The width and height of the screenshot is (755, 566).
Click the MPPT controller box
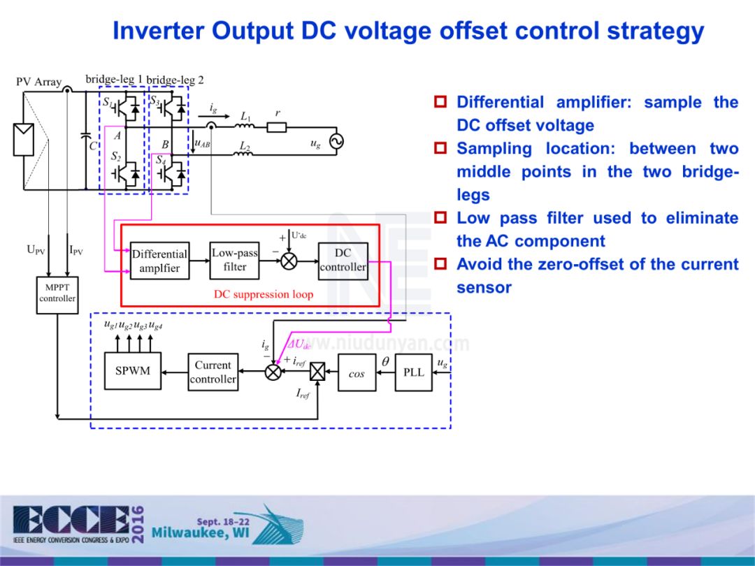pos(57,294)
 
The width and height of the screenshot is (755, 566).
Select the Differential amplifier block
pos(159,261)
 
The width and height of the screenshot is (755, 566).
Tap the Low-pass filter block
pos(235,260)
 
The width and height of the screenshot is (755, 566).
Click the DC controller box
pos(343,260)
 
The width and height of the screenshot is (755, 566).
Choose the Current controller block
pos(213,372)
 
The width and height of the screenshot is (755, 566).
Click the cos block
pos(357,372)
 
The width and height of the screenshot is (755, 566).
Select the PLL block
pos(414,372)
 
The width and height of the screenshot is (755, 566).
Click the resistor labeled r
pos(277,127)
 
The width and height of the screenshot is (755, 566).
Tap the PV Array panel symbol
pos(23,139)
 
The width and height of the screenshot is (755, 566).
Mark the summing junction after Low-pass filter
pos(289,261)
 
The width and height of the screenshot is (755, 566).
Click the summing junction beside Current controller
pos(273,372)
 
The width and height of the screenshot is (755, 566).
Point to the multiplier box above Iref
pos(318,372)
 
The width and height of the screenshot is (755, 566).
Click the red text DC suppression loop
pos(264,294)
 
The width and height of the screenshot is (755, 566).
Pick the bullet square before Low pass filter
pos(441,219)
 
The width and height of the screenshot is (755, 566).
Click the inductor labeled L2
pos(245,153)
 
